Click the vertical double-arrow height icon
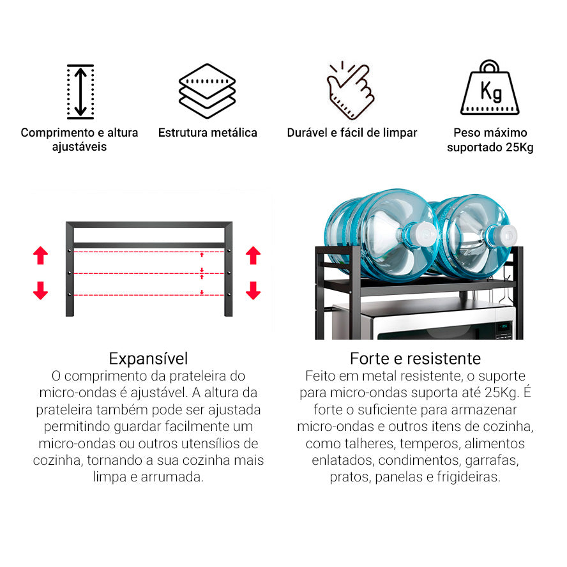[x=80, y=91]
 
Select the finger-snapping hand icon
[x=350, y=90]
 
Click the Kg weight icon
[x=490, y=89]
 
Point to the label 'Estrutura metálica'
[x=208, y=133]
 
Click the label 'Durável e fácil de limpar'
[x=352, y=133]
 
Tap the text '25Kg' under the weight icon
[x=518, y=147]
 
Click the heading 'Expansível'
[x=148, y=358]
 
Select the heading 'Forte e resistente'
[x=415, y=358]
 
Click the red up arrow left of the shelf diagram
[x=41, y=256]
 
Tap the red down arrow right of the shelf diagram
[x=253, y=291]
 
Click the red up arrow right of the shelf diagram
[x=253, y=256]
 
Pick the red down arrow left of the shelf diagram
[x=41, y=291]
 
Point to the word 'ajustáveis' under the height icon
[x=79, y=147]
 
